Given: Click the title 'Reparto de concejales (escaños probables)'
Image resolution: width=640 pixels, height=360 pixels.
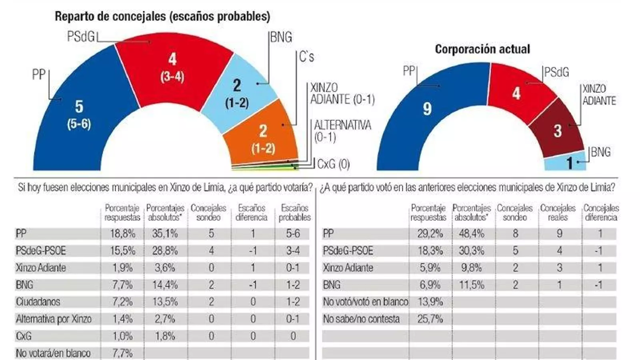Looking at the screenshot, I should (x=162, y=16).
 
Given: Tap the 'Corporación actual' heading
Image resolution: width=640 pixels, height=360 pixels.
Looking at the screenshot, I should (x=482, y=49).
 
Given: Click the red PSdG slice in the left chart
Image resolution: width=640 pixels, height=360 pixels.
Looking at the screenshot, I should (x=172, y=68).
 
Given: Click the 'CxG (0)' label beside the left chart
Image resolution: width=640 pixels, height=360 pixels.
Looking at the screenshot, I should (x=333, y=164).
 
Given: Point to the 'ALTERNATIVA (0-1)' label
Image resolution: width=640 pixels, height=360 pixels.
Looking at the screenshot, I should (x=342, y=131).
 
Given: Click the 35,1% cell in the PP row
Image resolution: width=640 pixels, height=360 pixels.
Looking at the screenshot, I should (x=165, y=234).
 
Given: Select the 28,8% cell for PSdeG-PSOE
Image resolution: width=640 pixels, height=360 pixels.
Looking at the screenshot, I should (x=165, y=251).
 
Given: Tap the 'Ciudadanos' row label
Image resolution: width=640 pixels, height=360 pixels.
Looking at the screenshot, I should (x=38, y=302).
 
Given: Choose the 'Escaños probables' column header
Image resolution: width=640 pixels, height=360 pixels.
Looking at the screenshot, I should (x=294, y=213).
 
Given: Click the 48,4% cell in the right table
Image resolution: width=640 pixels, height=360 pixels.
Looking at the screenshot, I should (x=472, y=234).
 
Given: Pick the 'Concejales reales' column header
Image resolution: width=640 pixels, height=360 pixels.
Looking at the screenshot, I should (x=558, y=213).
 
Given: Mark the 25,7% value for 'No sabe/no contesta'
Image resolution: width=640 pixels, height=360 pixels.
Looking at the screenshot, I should (x=430, y=319).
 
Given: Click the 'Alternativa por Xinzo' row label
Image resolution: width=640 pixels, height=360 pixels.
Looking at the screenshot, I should (x=54, y=319).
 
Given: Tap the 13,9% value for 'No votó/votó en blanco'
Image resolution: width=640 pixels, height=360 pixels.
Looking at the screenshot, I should (x=430, y=302).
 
